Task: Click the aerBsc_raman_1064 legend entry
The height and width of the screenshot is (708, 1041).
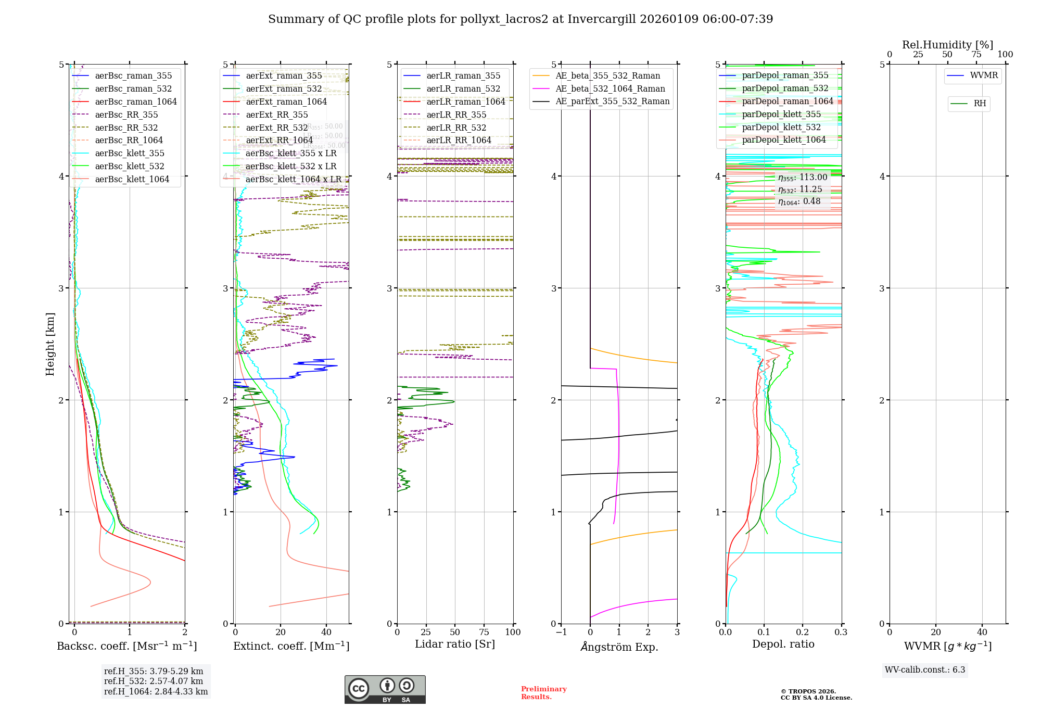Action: pos(136,102)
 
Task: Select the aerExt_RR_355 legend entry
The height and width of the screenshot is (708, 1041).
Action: pos(276,115)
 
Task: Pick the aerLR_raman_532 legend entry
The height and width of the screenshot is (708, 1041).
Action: pos(463,88)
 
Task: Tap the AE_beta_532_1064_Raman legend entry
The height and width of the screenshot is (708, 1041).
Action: pos(610,88)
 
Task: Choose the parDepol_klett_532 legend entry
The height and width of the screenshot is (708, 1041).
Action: pos(781,127)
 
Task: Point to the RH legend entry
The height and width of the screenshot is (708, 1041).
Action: pos(980,104)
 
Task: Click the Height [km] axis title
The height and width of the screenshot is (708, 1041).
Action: pos(50,344)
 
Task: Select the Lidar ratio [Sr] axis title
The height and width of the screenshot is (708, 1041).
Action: pos(454,644)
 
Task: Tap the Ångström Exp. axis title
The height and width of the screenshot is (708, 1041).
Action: pos(619,647)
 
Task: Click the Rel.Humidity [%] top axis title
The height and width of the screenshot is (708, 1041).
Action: pos(947,45)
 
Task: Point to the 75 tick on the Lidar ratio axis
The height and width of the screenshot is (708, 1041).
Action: pos(484,632)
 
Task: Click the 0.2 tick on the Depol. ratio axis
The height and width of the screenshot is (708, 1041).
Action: pos(802,632)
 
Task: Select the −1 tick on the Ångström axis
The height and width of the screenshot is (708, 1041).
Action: pos(561,632)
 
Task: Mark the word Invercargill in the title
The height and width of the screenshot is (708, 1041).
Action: pos(602,19)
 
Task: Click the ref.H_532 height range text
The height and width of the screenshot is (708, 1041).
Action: pos(154,681)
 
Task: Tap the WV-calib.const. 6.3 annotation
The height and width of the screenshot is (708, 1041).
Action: pos(925,669)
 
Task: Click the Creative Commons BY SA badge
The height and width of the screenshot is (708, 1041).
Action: pos(385,689)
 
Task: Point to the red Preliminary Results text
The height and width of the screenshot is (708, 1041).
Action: pos(543,692)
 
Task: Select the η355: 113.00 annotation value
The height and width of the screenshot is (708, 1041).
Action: pos(803,178)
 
